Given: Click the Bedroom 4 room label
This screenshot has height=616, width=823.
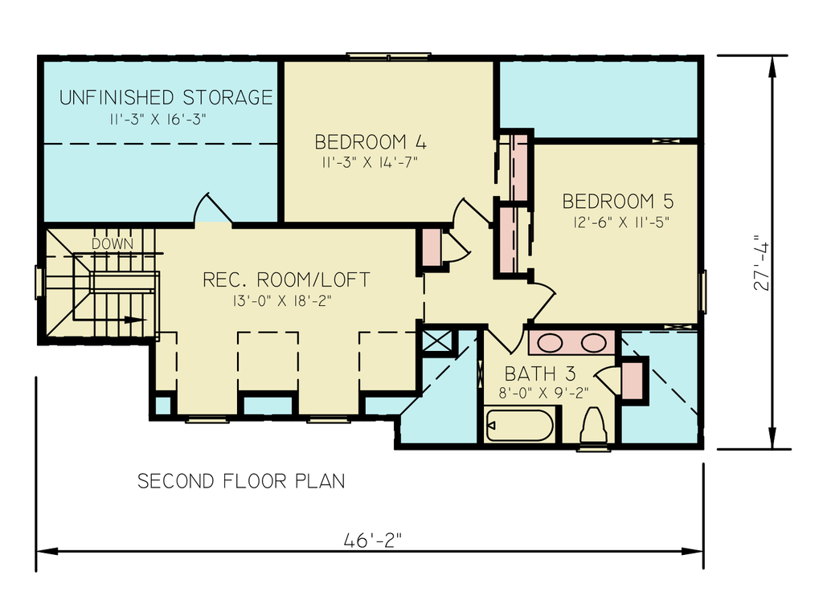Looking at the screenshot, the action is [x=371, y=142].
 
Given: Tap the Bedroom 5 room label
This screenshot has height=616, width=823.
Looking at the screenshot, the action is [x=618, y=202].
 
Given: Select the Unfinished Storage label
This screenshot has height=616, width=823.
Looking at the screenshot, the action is [x=166, y=98].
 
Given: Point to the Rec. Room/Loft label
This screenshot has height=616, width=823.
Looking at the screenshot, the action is [x=286, y=279].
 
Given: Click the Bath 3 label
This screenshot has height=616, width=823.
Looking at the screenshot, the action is [x=540, y=374].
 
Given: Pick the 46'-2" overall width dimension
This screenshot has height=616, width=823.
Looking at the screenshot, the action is [x=373, y=540].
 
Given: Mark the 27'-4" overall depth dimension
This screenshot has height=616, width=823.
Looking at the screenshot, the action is [x=761, y=266].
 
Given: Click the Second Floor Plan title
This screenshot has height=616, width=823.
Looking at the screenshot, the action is [x=241, y=481].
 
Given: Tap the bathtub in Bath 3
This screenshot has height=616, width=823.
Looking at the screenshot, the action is [x=519, y=425].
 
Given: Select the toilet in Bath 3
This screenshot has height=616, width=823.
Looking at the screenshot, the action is [x=594, y=426].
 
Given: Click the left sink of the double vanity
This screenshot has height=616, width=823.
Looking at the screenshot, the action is [x=551, y=343].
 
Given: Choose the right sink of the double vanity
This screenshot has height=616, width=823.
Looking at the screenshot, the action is [x=594, y=343].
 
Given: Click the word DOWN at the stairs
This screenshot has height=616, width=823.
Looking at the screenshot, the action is [x=113, y=244].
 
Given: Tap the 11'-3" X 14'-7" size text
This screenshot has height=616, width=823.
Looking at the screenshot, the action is [x=370, y=163].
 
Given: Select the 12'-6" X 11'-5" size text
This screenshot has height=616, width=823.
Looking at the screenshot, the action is [x=621, y=222].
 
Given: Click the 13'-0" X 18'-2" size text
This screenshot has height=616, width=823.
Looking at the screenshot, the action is [x=282, y=300].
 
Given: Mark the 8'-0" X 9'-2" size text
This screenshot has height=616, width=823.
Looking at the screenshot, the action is [x=544, y=393].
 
